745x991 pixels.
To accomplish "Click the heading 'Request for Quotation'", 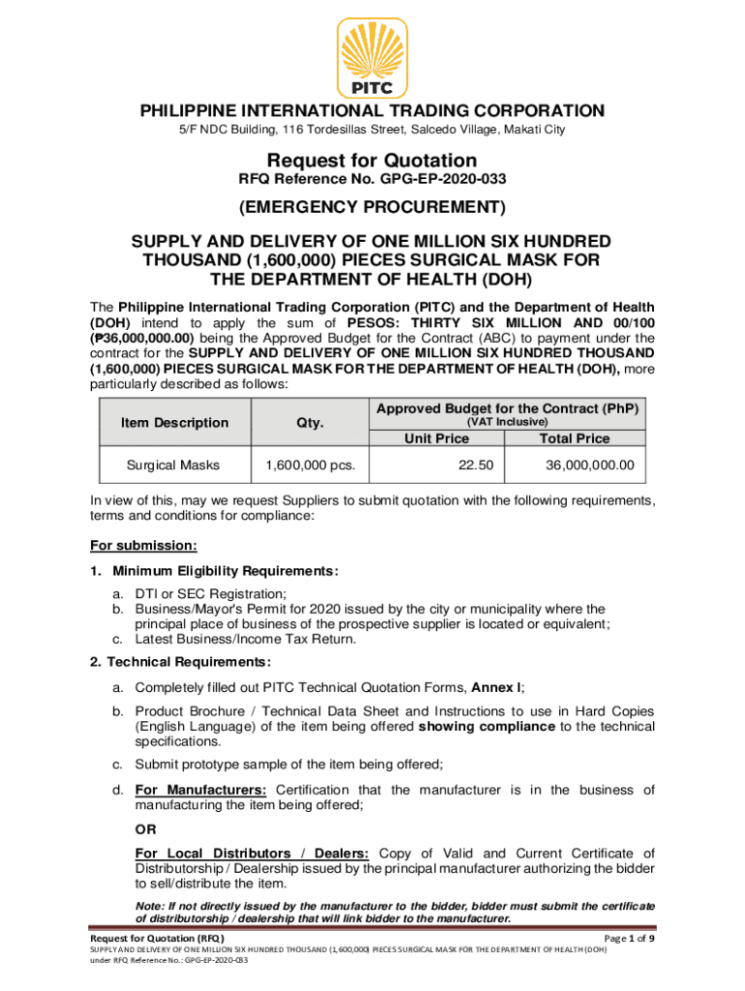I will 372,160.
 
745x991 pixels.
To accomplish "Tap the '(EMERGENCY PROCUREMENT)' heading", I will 372,207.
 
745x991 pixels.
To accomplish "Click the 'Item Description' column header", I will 175,422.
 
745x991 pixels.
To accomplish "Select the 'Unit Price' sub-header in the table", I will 436,438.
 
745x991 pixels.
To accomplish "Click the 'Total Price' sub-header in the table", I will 574,438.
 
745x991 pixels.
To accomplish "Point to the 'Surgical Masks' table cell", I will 173,465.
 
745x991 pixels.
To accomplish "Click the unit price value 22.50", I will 476,465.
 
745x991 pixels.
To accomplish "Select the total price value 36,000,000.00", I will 589,465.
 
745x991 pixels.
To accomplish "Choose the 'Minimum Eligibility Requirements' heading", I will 224,571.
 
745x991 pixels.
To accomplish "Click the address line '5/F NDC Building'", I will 372,129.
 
